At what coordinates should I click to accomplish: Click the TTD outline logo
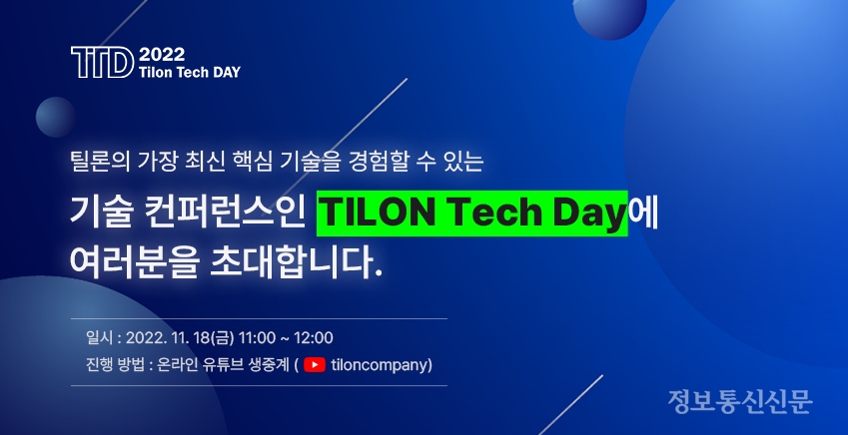click(x=102, y=62)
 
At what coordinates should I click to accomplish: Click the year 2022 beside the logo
click(x=162, y=55)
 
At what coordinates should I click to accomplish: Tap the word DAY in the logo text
click(x=227, y=73)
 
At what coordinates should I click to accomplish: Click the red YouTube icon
click(x=315, y=365)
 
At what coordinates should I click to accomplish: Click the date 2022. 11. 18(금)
click(x=180, y=338)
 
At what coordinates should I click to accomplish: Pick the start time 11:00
click(x=257, y=338)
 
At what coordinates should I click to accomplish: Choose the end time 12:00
click(x=314, y=338)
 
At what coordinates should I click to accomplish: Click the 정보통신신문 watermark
click(x=740, y=401)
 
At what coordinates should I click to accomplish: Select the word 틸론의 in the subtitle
click(x=100, y=162)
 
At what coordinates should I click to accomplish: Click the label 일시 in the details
click(x=99, y=338)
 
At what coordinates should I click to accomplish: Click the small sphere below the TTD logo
click(x=55, y=118)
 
